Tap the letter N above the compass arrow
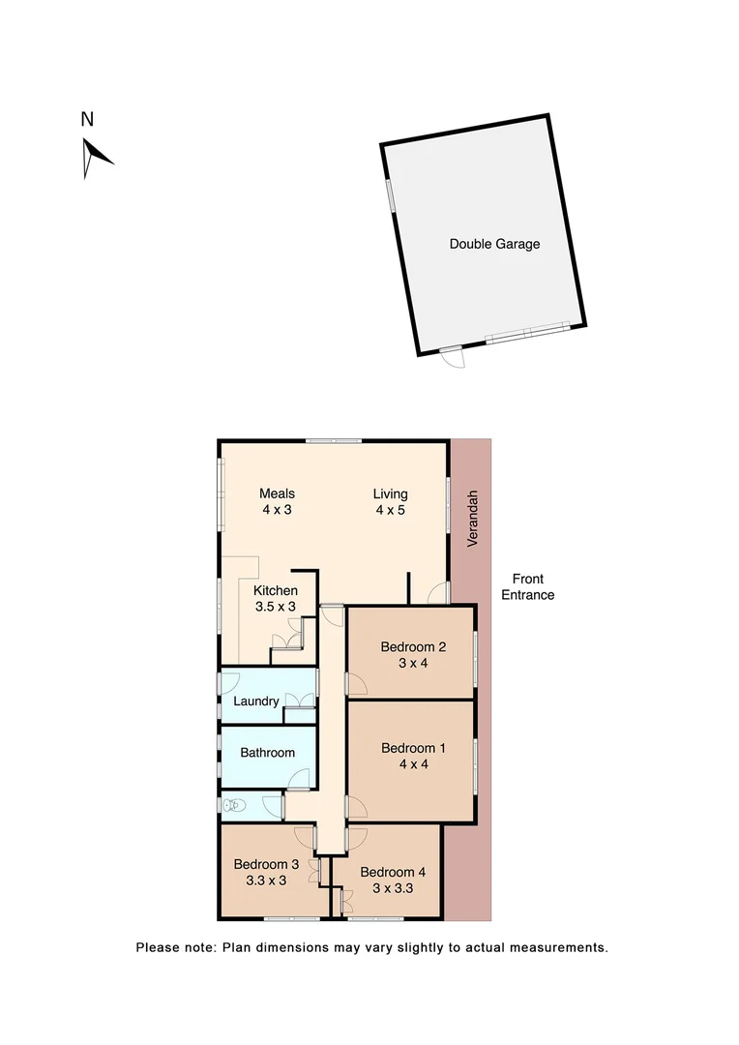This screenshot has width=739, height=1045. [87, 120]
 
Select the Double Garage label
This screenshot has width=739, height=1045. [494, 244]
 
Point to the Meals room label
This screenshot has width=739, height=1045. [278, 493]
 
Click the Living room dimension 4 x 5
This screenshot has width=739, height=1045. [391, 510]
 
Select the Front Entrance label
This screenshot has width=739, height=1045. [527, 587]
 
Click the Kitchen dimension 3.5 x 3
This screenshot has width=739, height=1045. [275, 607]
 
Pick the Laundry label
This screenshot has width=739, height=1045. [256, 701]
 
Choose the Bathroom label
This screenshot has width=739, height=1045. [267, 752]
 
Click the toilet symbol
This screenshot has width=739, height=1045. [235, 804]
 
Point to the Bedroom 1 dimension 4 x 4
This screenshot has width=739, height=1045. [413, 763]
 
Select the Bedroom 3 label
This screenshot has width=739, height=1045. [266, 864]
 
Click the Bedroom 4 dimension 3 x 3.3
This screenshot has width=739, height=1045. [393, 887]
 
